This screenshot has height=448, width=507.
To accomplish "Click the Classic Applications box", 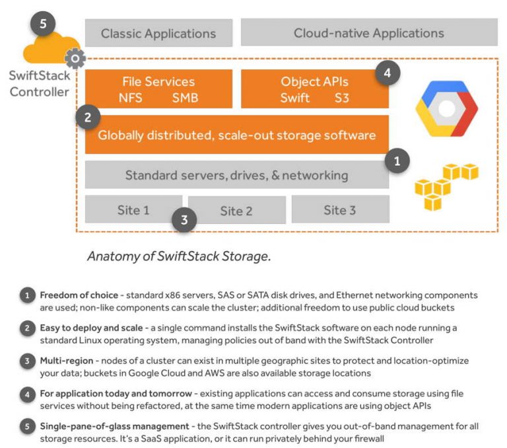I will coord(158,33).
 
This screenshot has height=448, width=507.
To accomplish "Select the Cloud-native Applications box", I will coord(368,33).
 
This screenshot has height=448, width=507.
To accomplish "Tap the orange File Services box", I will coord(158,89).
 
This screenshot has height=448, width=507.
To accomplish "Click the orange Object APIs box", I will coord(314,89).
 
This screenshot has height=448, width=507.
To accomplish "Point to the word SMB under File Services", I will coord(185,98).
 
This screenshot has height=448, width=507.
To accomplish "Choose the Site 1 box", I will coord(133,210).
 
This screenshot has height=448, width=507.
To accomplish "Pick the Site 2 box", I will coord(236,211).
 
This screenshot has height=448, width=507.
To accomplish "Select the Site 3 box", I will coord(339,210).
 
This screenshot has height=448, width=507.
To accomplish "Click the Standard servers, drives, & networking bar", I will coord(236,175).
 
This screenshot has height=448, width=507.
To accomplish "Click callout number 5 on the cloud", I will coord(43,24).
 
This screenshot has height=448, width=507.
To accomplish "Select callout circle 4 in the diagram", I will coord(388,73).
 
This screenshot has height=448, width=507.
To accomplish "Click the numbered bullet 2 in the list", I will coord(27,328).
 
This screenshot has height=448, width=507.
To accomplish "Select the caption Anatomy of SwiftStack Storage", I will coord(179,256).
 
